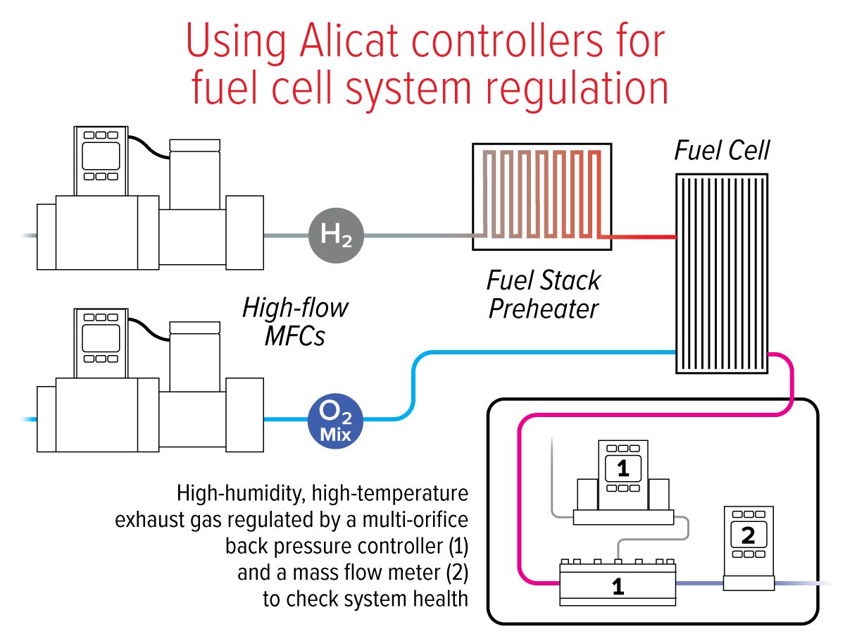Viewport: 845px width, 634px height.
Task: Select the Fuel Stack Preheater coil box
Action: (542, 197)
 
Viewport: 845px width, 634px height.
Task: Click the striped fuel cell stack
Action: (721, 273)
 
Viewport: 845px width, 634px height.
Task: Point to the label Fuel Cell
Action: (722, 151)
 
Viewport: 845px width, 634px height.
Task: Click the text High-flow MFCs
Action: (295, 322)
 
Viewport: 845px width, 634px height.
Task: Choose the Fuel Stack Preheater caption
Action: (543, 294)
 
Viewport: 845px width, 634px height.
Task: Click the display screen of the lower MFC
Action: (101, 338)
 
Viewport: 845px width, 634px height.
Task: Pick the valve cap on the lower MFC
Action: (196, 327)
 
